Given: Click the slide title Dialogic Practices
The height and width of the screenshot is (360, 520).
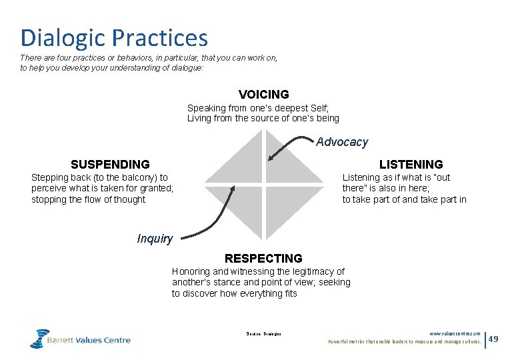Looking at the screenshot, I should click(114, 38).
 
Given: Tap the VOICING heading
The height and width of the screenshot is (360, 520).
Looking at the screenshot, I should click(263, 95).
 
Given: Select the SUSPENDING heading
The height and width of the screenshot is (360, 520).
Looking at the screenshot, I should click(110, 165).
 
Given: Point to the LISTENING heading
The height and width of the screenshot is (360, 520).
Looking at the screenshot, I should click(411, 165).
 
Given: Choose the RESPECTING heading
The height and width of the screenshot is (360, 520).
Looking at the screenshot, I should click(263, 259).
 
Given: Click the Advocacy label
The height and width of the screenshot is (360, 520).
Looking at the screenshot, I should click(341, 142).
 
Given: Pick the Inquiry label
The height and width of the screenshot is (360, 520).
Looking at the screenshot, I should click(155, 239).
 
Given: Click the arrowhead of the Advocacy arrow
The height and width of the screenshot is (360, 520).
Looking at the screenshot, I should click(269, 159).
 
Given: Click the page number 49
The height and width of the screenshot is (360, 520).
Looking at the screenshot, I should click(494, 339).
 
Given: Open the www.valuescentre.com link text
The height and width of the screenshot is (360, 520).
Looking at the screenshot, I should click(455, 334).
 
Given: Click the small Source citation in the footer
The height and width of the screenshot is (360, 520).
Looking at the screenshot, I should click(263, 333).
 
